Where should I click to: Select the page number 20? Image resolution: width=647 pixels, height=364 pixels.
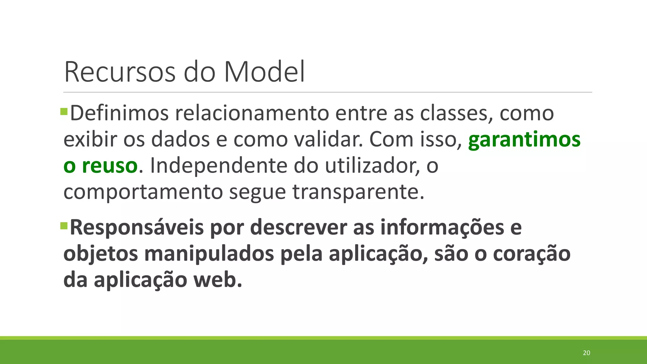click(x=586, y=353)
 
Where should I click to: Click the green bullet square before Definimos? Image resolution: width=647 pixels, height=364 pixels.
click(x=64, y=112)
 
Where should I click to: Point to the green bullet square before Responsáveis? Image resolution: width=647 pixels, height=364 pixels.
click(x=64, y=226)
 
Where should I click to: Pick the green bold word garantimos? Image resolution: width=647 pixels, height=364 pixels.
click(x=524, y=140)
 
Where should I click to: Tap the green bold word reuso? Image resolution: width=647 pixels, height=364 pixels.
click(x=109, y=166)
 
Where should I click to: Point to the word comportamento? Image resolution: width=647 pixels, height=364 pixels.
click(x=143, y=192)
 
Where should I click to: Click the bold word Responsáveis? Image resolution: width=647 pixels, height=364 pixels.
click(x=137, y=227)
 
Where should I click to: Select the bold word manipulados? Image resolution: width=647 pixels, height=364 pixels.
click(x=209, y=254)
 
